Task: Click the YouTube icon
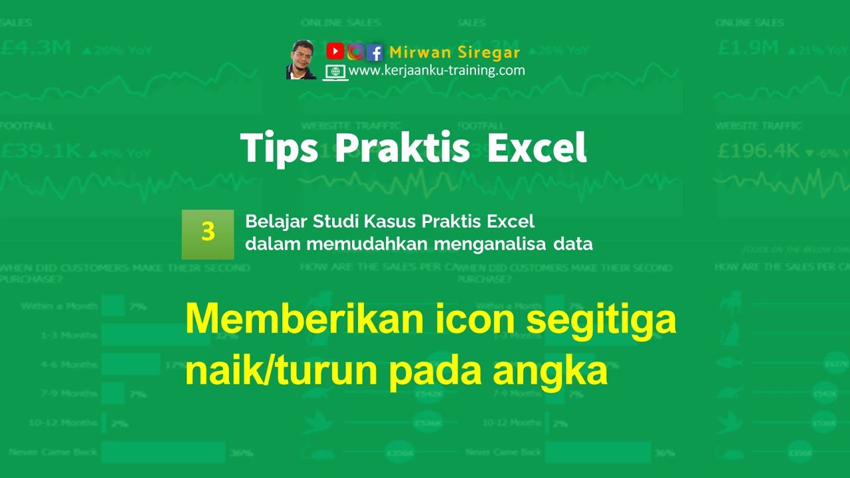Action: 335,51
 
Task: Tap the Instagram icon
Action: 355,52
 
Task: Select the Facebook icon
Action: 375,52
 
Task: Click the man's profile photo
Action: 301,60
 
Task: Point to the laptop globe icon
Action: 335,72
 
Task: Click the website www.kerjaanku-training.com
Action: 436,70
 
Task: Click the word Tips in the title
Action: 279,149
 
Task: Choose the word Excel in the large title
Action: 537,149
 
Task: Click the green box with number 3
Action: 208,234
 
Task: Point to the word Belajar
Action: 270,221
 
